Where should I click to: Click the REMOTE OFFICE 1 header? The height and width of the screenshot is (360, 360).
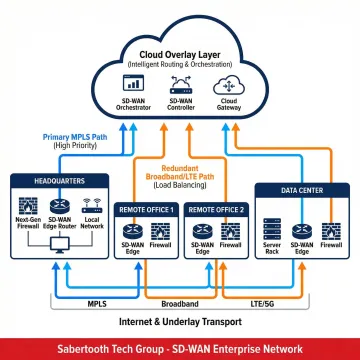pos(146,209)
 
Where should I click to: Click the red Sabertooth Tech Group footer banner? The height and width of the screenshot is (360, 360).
pos(180,347)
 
